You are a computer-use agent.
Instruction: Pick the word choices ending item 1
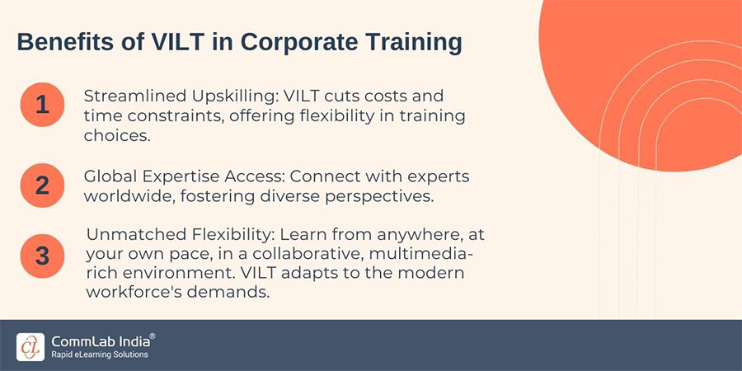[x=116, y=136]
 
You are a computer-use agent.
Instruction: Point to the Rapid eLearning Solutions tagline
[x=100, y=355]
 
